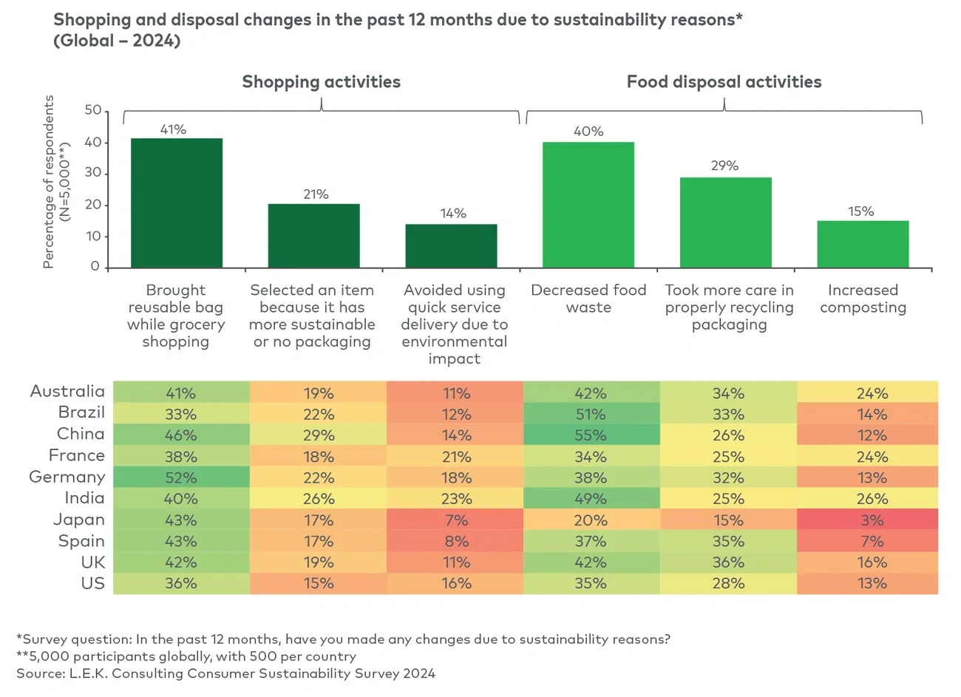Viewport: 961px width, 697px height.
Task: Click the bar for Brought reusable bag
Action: pyautogui.click(x=177, y=203)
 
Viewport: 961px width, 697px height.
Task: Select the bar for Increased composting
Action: pyautogui.click(x=863, y=245)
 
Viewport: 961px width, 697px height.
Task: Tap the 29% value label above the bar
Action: pyautogui.click(x=724, y=166)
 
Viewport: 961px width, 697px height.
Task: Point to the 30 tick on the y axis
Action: pyautogui.click(x=93, y=173)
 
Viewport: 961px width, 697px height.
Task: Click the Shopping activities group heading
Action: pyautogui.click(x=321, y=82)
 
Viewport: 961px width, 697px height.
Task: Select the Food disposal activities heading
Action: pyautogui.click(x=724, y=82)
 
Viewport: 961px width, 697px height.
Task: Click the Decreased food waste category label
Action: pyautogui.click(x=588, y=299)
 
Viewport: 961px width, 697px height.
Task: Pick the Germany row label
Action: pyautogui.click(x=67, y=477)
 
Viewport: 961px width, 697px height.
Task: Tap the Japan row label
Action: pyautogui.click(x=79, y=520)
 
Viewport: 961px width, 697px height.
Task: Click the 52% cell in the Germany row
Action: pyautogui.click(x=181, y=477)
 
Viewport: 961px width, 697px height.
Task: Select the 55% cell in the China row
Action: pyautogui.click(x=591, y=435)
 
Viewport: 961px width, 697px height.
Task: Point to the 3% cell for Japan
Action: pyautogui.click(x=872, y=520)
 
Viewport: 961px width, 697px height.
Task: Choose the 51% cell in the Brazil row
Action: pyautogui.click(x=591, y=414)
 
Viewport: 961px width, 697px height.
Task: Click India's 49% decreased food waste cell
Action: pyautogui.click(x=591, y=499)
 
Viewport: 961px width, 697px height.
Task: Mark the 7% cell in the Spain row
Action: pyautogui.click(x=872, y=541)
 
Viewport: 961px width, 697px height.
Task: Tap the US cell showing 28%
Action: pyautogui.click(x=728, y=583)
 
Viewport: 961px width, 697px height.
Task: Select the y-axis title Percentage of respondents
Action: pyautogui.click(x=49, y=182)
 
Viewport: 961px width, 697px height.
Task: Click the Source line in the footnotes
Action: pyautogui.click(x=225, y=673)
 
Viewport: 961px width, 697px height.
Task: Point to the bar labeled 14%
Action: pyautogui.click(x=451, y=246)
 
